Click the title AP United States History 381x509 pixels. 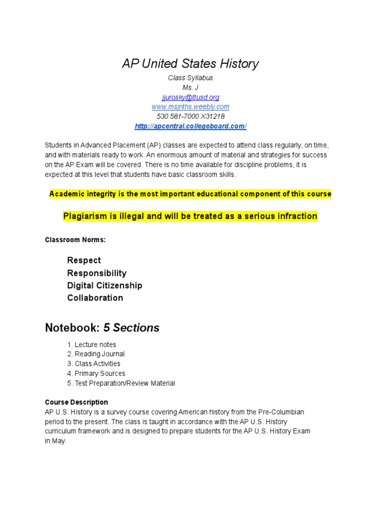pyautogui.click(x=190, y=64)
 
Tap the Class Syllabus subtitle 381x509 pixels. pyautogui.click(x=190, y=78)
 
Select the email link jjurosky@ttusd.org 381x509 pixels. pyautogui.click(x=190, y=97)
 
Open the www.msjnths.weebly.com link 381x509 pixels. pyautogui.click(x=190, y=107)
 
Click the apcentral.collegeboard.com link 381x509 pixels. pyautogui.click(x=190, y=126)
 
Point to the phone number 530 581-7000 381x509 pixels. pyautogui.click(x=179, y=116)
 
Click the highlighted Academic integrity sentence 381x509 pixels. pyautogui.click(x=190, y=194)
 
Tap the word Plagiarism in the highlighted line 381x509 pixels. pyautogui.click(x=84, y=216)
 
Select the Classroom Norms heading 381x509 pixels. pyautogui.click(x=75, y=240)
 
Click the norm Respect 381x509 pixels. pyautogui.click(x=84, y=260)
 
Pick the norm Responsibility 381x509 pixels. pyautogui.click(x=97, y=273)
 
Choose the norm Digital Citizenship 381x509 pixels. pyautogui.click(x=105, y=285)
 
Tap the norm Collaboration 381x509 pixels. pyautogui.click(x=95, y=298)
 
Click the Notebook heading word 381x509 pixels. pyautogui.click(x=72, y=328)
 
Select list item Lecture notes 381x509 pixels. pyautogui.click(x=95, y=344)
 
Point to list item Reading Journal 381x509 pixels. pyautogui.click(x=99, y=354)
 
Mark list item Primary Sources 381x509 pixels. pyautogui.click(x=100, y=373)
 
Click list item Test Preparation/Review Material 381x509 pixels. pyautogui.click(x=125, y=383)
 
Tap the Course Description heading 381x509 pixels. pyautogui.click(x=76, y=402)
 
